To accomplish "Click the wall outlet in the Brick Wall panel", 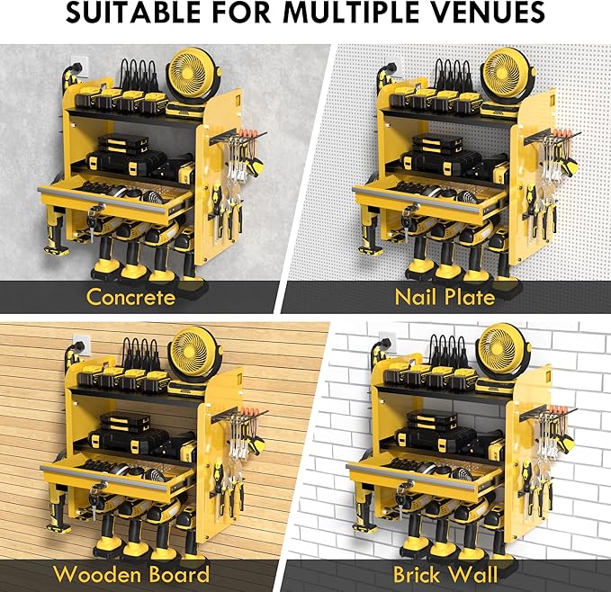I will (x=387, y=344).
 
